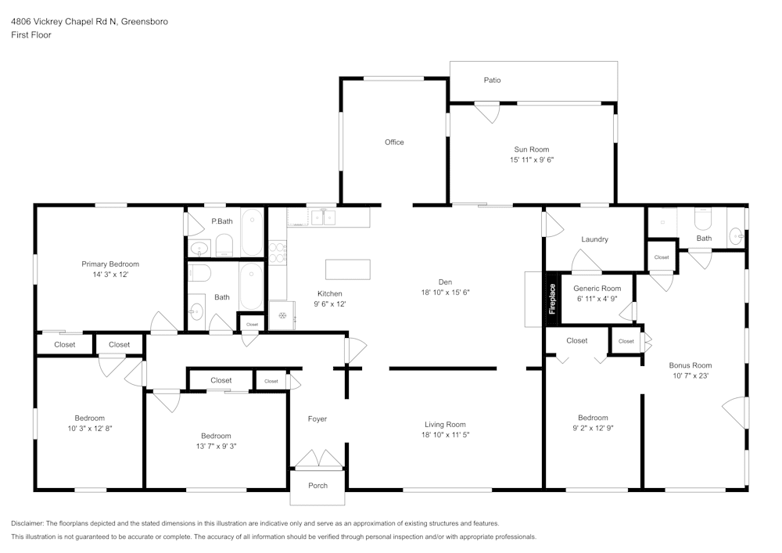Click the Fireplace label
click(x=552, y=299)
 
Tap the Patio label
click(x=492, y=80)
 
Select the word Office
click(x=394, y=142)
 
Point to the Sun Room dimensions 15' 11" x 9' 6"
click(x=531, y=160)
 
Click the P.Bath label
click(x=222, y=221)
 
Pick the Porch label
click(x=317, y=486)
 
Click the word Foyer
click(x=317, y=419)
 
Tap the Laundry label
click(x=594, y=239)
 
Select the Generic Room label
click(x=597, y=289)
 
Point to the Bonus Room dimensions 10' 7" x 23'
click(x=690, y=375)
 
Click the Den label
click(x=445, y=282)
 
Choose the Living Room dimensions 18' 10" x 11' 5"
click(x=445, y=435)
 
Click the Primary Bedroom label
click(x=110, y=264)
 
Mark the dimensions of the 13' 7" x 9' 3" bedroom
click(x=216, y=446)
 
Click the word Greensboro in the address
click(x=146, y=22)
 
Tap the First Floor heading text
click(x=31, y=35)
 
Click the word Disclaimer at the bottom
click(x=27, y=523)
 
